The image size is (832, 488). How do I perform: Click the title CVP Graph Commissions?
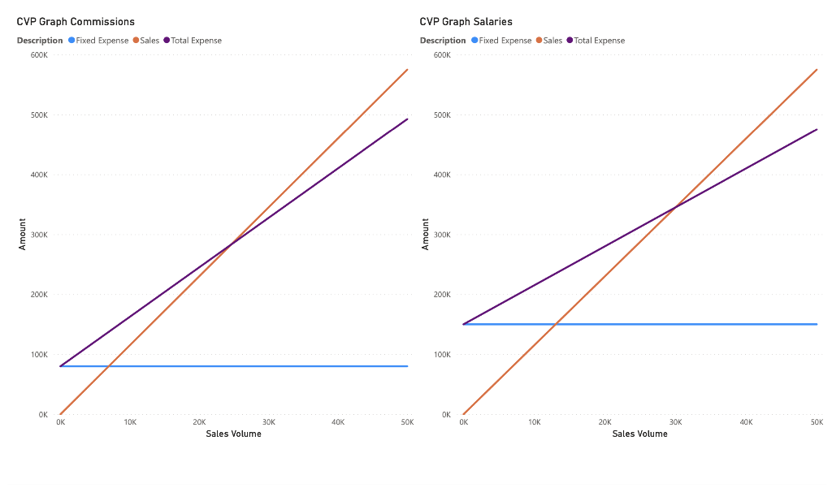(76, 21)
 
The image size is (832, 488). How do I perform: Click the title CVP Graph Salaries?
(466, 21)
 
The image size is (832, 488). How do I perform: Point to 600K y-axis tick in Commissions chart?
(39, 55)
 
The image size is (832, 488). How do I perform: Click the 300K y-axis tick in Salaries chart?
(442, 235)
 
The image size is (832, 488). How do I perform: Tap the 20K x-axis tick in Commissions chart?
(199, 422)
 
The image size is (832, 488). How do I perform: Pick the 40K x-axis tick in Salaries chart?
(746, 422)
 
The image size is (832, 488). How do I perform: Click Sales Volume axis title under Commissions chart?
(233, 434)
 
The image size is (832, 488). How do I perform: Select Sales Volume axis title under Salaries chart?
(639, 434)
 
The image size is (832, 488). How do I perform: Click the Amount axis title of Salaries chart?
(425, 234)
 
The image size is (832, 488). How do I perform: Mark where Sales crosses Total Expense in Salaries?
(675, 207)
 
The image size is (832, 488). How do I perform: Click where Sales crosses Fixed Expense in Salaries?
(555, 324)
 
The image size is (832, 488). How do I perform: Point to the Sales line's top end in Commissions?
(407, 70)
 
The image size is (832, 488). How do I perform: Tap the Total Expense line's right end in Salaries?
(817, 129)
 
